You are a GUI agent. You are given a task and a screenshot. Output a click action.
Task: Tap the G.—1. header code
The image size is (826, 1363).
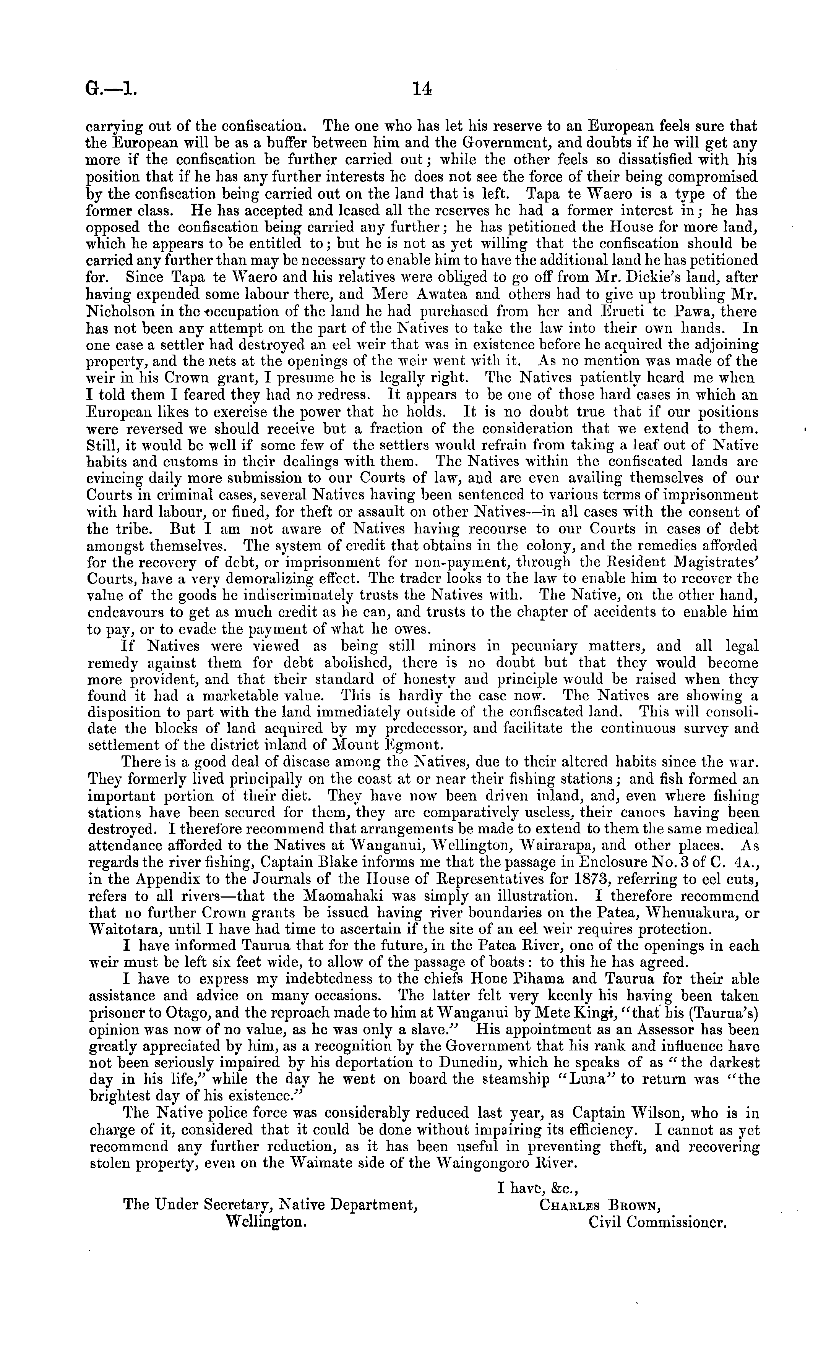[110, 89]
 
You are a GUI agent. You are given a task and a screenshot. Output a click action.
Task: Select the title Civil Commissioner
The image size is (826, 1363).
[657, 1221]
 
